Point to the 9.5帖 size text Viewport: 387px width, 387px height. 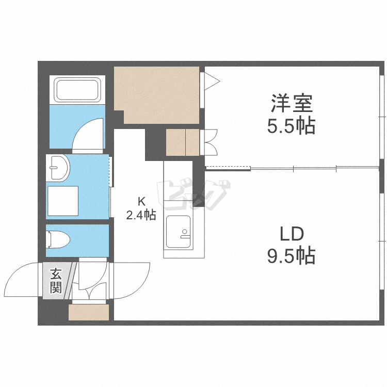point(291,255)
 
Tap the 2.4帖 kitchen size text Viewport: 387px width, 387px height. point(141,215)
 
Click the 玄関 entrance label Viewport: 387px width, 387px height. point(56,281)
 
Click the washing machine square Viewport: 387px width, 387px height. point(63,201)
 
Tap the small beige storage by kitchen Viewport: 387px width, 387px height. point(182,142)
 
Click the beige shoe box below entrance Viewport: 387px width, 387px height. point(89,313)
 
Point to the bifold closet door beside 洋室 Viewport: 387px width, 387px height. point(211,142)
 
